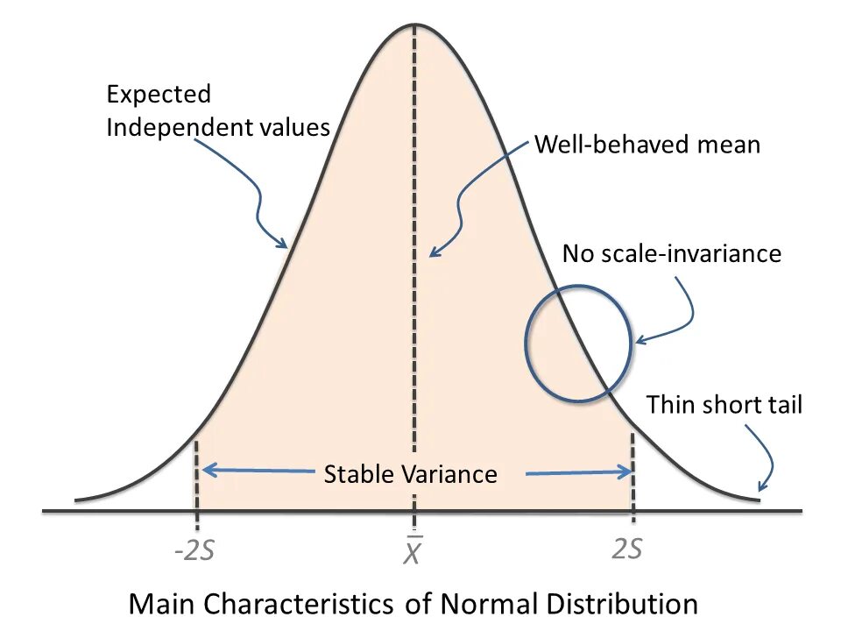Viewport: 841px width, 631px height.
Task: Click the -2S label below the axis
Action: point(194,552)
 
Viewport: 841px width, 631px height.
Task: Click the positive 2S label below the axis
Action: point(626,549)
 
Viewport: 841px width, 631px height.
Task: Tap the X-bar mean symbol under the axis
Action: point(413,552)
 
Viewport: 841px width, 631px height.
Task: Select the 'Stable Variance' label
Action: point(410,474)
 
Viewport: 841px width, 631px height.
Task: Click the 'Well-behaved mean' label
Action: point(647,144)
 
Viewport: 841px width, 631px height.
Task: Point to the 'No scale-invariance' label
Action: point(671,254)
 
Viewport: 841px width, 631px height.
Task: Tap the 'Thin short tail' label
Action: point(724,405)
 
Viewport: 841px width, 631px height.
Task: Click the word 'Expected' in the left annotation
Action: point(159,94)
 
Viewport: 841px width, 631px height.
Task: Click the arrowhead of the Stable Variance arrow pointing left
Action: point(205,471)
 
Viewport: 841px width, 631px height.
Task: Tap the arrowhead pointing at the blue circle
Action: point(639,340)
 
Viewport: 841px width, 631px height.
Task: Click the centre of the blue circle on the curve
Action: point(577,344)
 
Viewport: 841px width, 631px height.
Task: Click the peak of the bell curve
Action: point(414,24)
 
